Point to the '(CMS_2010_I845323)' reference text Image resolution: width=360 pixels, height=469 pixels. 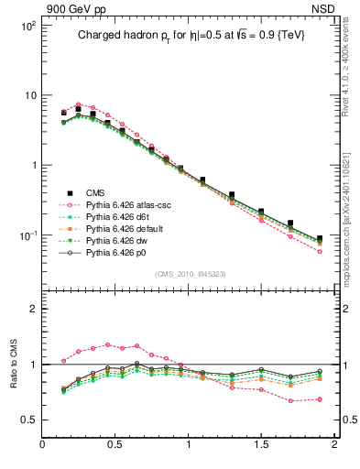[x=189, y=273]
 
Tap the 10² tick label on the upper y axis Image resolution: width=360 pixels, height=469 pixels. [x=27, y=26]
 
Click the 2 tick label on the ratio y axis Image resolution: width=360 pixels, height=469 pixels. [x=32, y=310]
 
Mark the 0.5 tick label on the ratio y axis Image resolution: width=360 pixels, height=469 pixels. [x=27, y=420]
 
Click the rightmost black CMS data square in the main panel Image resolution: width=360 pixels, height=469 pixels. [x=320, y=239]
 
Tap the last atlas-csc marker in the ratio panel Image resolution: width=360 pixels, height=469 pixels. [x=320, y=399]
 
